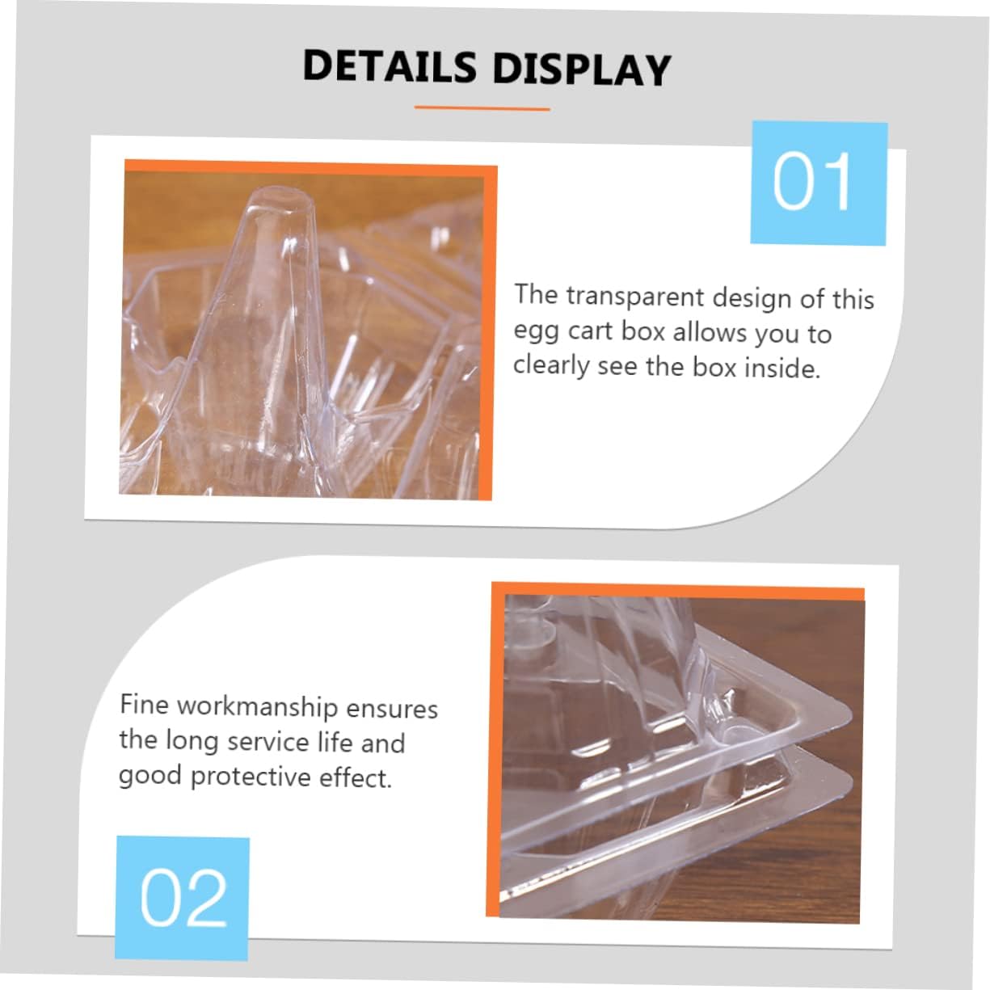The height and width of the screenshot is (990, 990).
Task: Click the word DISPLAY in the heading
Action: tap(581, 69)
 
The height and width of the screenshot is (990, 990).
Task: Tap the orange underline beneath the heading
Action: tap(482, 107)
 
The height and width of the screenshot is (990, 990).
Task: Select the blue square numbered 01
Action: tap(818, 182)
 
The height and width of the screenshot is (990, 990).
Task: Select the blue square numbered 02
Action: tap(183, 896)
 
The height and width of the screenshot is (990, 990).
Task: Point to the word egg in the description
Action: tap(534, 331)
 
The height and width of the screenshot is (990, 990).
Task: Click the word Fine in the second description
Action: tap(144, 704)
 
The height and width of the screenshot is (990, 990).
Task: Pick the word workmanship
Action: tap(257, 706)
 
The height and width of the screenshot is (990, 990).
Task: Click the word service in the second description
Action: tap(268, 741)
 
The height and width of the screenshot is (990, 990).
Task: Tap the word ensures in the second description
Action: tap(392, 708)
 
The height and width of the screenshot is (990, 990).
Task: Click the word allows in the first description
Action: tap(709, 332)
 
